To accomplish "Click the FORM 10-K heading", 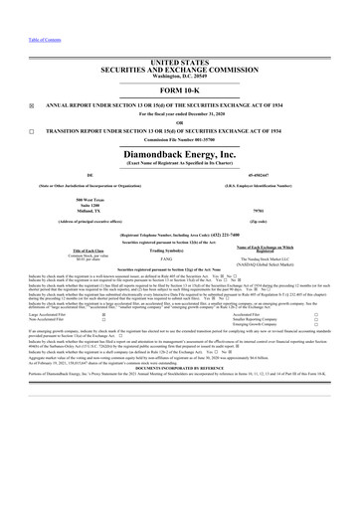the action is click(x=179, y=64).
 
